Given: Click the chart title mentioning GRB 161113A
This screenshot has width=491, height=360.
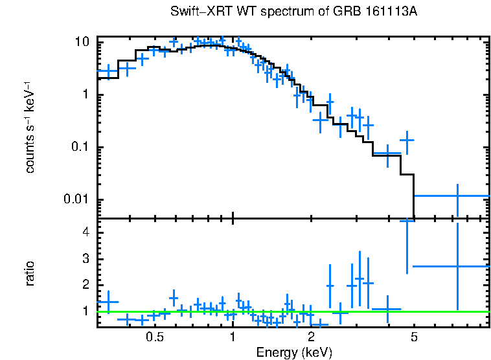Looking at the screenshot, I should point(298,12).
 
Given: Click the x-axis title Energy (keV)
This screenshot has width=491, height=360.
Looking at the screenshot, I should point(293,352).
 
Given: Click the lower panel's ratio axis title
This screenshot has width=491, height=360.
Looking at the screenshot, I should point(30,273).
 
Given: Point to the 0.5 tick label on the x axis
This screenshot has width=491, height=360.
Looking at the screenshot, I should point(154,337).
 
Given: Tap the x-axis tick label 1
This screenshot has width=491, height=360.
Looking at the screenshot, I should point(233,337).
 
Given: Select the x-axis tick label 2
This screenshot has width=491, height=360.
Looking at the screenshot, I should point(311,337).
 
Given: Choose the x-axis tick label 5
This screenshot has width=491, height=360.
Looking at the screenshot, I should point(414,337).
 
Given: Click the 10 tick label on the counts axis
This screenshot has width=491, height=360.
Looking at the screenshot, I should point(82,42).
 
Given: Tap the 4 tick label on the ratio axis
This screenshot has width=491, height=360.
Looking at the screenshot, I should point(86,232).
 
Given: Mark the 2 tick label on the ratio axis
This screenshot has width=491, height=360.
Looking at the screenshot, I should point(86,285).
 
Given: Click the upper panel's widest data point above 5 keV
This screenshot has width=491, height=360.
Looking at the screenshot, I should point(457,196).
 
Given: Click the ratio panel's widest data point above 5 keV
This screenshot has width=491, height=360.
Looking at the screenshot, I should point(457,266).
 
